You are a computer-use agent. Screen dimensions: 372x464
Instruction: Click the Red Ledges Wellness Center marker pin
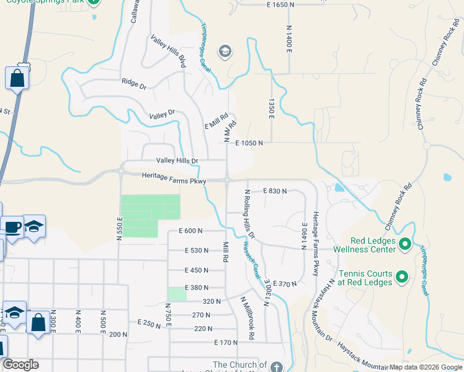pos(405,244)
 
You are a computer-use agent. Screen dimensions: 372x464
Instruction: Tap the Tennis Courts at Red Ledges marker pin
pos(401,277)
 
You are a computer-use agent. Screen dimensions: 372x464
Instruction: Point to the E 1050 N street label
pos(249,143)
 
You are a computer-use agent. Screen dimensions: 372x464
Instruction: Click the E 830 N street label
pos(275,191)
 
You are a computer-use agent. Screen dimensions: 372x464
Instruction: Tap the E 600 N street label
pos(191,231)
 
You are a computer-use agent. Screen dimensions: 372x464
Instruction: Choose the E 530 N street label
pos(197,250)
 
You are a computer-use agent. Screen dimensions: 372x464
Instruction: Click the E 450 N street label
pos(197,270)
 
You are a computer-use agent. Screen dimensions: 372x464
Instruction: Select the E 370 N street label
pos(285,283)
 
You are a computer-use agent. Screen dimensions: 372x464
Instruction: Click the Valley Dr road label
pos(163,115)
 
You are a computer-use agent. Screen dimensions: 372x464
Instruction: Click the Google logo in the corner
pos(20,365)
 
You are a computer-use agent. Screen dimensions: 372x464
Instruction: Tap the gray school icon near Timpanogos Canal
pos(225,51)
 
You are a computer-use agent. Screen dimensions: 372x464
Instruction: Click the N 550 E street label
pos(120,228)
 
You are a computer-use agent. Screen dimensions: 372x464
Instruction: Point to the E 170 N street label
pos(226,342)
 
